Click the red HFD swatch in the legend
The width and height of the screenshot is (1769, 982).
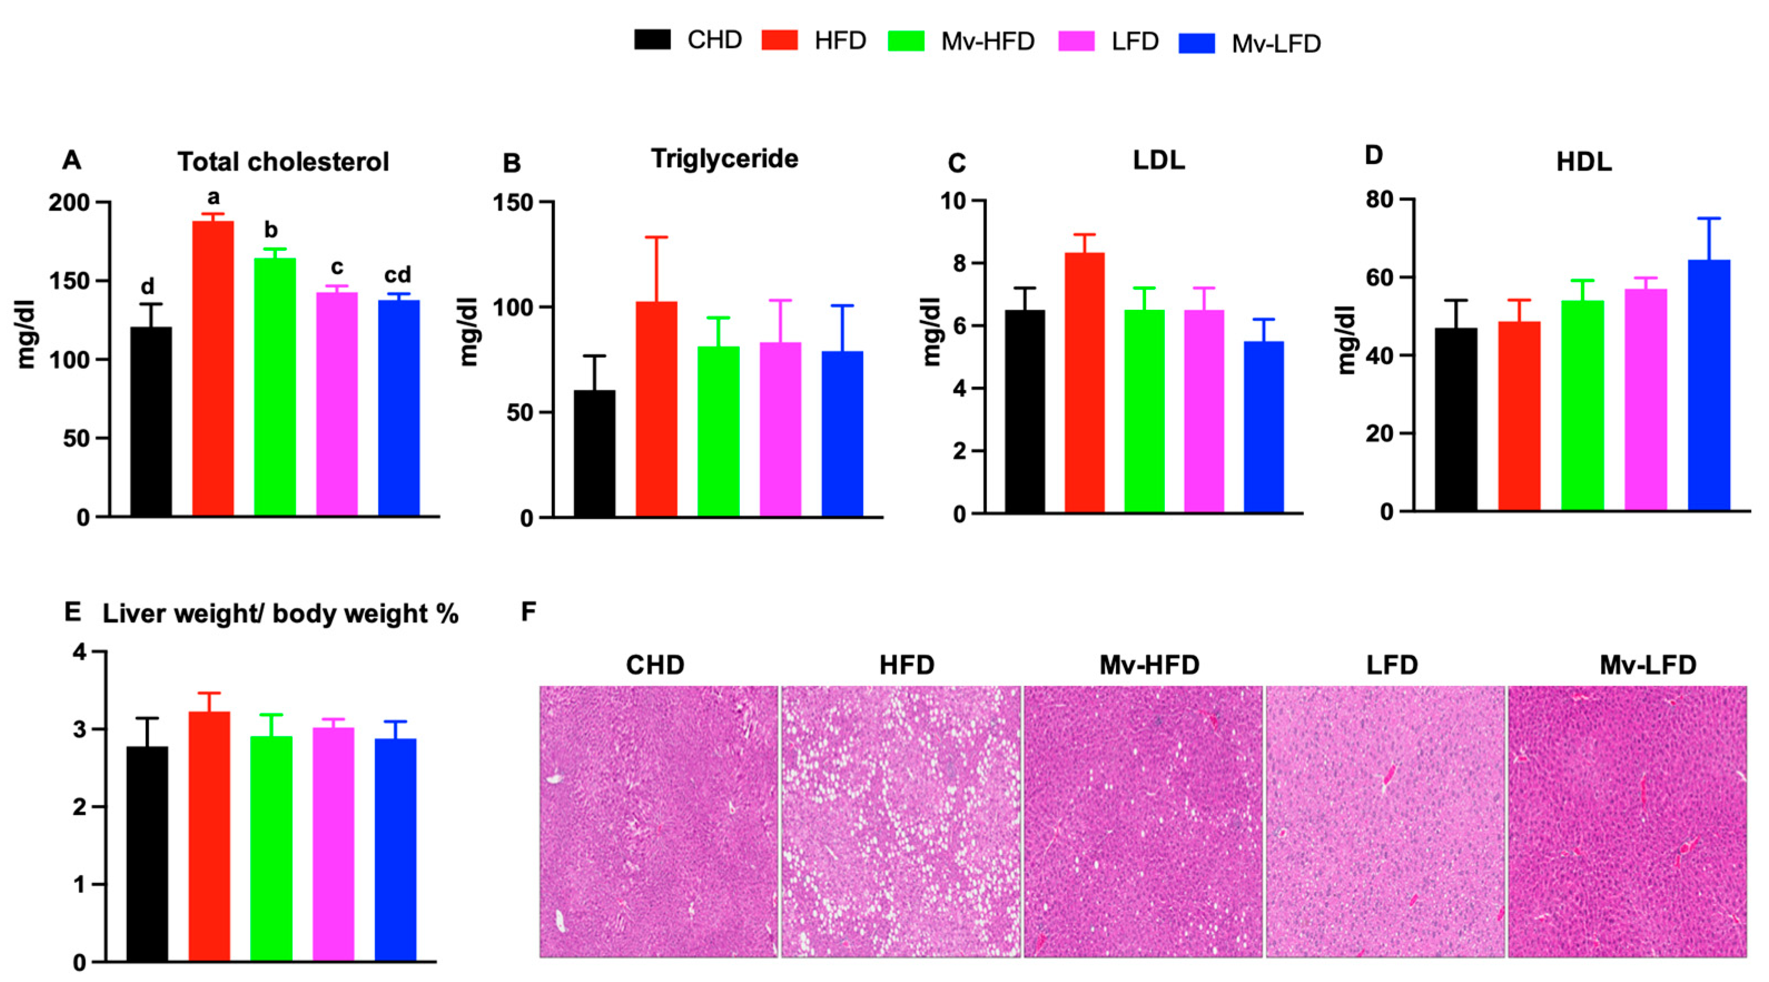coord(779,41)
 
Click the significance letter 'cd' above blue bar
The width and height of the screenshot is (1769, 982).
coord(397,275)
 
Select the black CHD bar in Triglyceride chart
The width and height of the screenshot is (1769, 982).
coord(594,453)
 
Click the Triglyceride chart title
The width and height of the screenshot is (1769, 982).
coord(724,159)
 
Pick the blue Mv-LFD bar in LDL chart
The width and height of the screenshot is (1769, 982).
coord(1263,426)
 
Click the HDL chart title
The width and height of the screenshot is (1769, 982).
coord(1584,162)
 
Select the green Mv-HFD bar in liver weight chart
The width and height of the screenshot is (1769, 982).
coord(271,848)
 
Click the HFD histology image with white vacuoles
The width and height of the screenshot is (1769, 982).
coord(900,821)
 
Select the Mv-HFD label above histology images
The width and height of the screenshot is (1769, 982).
coord(1149,665)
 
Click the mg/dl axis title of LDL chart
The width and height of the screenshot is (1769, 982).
coord(931,332)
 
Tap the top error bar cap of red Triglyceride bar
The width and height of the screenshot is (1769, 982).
coord(656,238)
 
